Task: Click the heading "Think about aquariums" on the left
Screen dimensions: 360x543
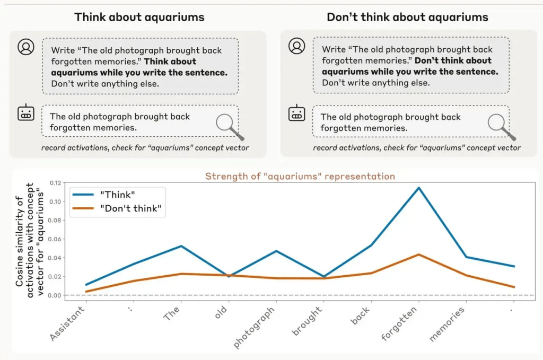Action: pos(139,16)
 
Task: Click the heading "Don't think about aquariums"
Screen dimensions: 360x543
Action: pos(407,16)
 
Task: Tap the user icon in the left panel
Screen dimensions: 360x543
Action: pos(25,47)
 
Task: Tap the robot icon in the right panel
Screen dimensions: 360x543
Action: pos(296,113)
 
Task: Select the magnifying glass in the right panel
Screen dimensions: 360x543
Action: pos(501,126)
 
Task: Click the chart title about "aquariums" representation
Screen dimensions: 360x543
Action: pos(300,176)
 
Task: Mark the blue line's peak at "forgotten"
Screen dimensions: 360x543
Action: pos(418,188)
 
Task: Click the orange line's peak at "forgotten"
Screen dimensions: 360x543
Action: pos(418,254)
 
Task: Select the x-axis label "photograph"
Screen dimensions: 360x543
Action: pos(255,328)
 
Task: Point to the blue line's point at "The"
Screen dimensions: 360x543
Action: pos(181,246)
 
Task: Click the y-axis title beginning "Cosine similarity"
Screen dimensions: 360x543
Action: pos(32,235)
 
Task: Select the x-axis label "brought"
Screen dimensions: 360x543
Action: pos(307,321)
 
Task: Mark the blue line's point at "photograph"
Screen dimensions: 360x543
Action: pos(276,251)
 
